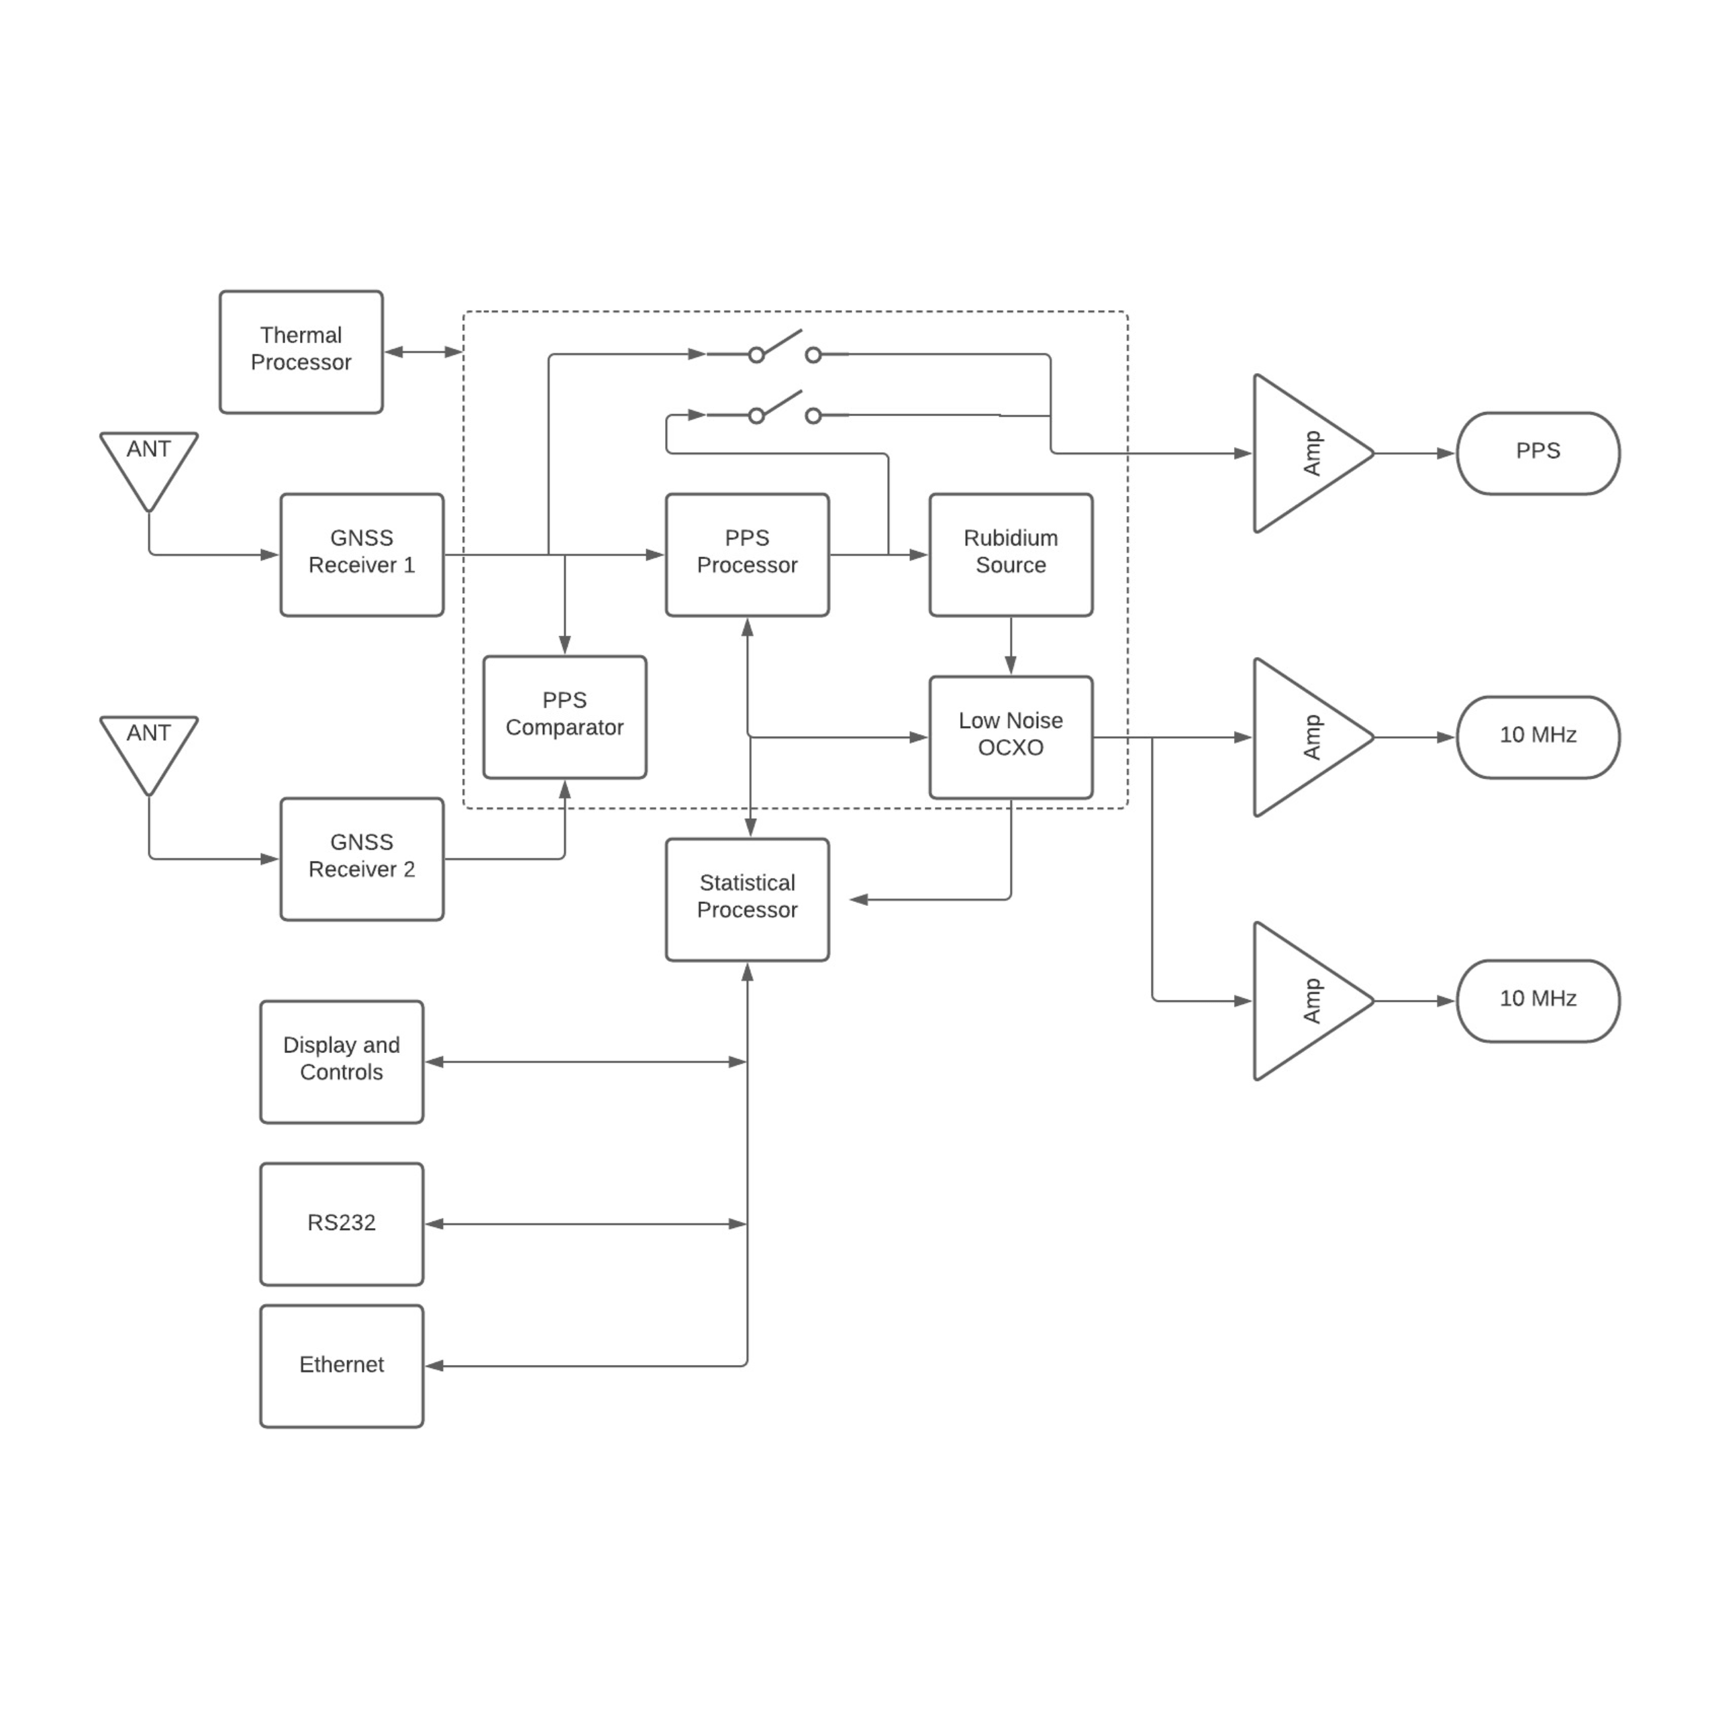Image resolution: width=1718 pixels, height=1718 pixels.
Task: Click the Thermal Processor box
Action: point(301,351)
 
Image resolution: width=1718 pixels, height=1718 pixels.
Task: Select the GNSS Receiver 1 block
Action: point(361,554)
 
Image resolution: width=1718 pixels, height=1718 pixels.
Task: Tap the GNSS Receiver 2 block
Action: point(361,858)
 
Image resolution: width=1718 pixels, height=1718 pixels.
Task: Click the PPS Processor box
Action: point(747,554)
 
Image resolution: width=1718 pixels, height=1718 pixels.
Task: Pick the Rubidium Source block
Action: point(1010,554)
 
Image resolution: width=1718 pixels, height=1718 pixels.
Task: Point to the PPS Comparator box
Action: point(564,717)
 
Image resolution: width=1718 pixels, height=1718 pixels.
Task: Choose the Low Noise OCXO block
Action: point(1010,736)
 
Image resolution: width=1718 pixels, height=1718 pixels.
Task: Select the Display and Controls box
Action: point(342,1061)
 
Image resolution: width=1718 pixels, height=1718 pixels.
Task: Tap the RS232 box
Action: point(342,1223)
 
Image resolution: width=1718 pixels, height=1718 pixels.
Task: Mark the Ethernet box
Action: point(342,1366)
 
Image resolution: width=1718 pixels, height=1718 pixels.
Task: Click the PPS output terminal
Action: point(1537,452)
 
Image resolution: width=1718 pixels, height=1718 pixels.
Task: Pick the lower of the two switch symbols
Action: point(783,410)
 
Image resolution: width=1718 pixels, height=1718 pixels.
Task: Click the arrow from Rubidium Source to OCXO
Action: point(1010,646)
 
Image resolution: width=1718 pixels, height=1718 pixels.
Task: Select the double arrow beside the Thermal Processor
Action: point(423,351)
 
